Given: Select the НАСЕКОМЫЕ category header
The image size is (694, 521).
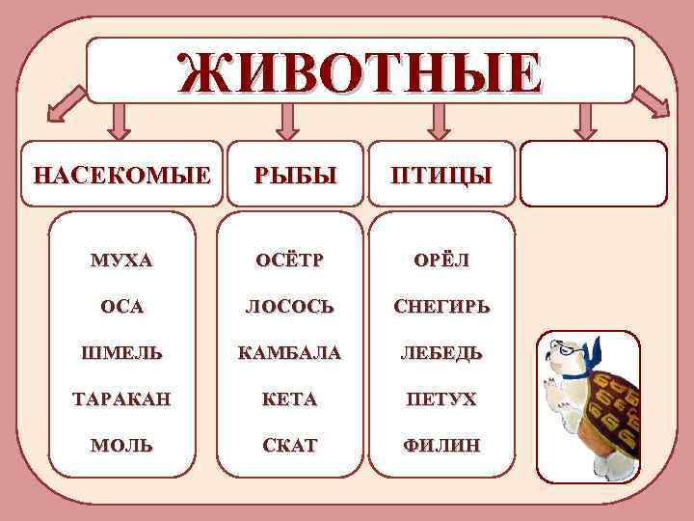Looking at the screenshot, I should coord(121,176).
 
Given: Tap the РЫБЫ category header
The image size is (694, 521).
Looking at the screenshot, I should coord(296,176).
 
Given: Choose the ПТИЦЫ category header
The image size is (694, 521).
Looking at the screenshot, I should coord(440,176).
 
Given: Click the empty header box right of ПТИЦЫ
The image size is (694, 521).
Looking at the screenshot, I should coord(593,174).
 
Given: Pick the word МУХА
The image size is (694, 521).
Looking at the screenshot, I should coord(121,261).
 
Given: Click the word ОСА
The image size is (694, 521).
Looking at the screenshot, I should coord(121,307).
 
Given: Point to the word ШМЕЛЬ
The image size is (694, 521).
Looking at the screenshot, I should coord(121,353).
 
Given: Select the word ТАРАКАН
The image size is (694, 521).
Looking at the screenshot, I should coord(121,399).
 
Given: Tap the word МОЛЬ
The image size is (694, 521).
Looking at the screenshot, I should coord(121,446).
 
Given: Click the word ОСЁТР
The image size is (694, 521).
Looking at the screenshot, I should coord(290,261).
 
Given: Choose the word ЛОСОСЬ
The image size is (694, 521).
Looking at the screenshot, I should coord(290,307).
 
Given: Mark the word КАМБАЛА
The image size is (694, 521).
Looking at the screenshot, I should coord(290,353).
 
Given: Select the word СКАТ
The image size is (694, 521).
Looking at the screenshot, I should coord(290,446).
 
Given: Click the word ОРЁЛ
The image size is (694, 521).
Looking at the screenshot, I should coord(440,261).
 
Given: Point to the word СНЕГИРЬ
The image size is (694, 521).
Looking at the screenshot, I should coord(440,307).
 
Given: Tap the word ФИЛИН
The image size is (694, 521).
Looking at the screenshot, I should coord(440,446).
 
